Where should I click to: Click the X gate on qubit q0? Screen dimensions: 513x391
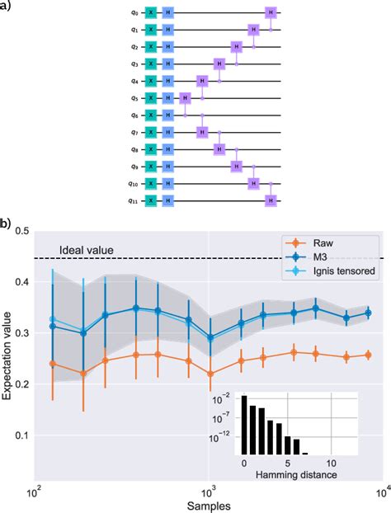(151, 12)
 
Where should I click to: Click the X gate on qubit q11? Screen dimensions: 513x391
(151, 200)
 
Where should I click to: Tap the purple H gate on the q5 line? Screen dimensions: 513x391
(186, 98)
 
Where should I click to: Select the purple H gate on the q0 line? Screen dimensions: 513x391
(271, 12)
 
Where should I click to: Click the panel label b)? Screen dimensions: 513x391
(7, 224)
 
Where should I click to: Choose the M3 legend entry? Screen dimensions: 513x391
(328, 258)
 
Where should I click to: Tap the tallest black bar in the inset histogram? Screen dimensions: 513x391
(244, 425)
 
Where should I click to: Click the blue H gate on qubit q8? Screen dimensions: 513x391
(168, 149)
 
